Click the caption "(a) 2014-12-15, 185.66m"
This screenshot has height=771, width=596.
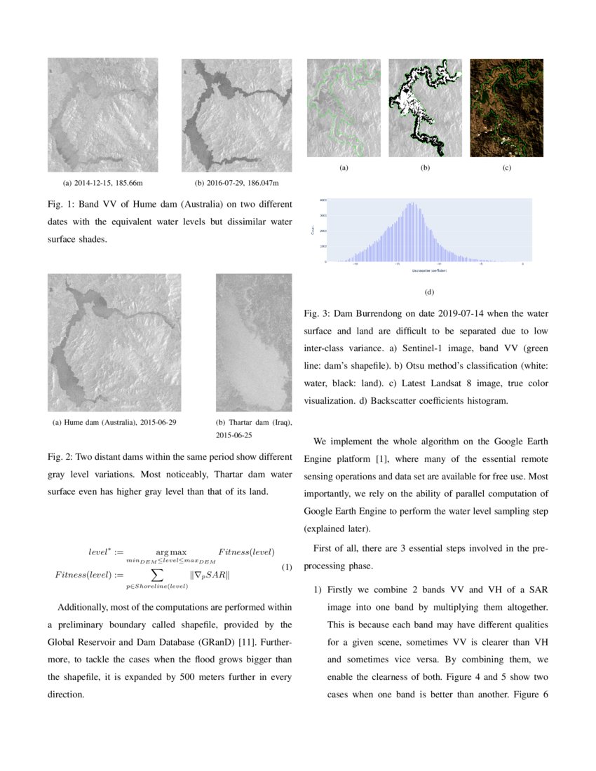(x=103, y=183)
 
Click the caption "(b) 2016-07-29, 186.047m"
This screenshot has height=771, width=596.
(x=236, y=183)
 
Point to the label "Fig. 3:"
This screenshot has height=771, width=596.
(x=318, y=313)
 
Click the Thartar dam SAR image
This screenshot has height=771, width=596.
(x=253, y=342)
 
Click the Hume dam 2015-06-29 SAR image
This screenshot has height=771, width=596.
(x=114, y=342)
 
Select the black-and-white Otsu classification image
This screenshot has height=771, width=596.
(x=425, y=108)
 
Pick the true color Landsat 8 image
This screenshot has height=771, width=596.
(x=506, y=108)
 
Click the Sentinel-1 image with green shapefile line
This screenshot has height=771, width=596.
(x=344, y=108)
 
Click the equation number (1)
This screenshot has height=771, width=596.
(x=286, y=567)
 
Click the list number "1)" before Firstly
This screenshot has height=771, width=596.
(x=317, y=589)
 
